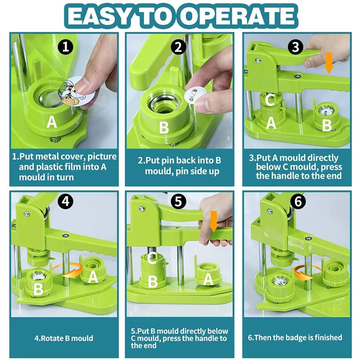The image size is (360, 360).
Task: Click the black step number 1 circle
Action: point(66,47)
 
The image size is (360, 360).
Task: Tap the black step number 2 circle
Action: point(178,47)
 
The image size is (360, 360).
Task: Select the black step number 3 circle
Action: point(295,47)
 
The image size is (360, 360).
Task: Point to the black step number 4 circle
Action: point(66,202)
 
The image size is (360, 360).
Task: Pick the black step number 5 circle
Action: point(178,202)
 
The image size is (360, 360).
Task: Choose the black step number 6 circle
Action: point(298,202)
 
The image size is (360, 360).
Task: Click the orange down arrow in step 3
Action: point(329,62)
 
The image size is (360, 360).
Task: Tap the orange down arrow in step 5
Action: point(214,222)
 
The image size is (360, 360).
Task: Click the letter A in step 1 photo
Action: point(52,122)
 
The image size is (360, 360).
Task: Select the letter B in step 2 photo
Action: point(164,128)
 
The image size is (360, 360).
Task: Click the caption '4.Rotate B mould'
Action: point(64,338)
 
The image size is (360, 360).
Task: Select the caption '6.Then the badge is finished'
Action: point(295,338)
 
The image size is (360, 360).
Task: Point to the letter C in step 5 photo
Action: point(152,258)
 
